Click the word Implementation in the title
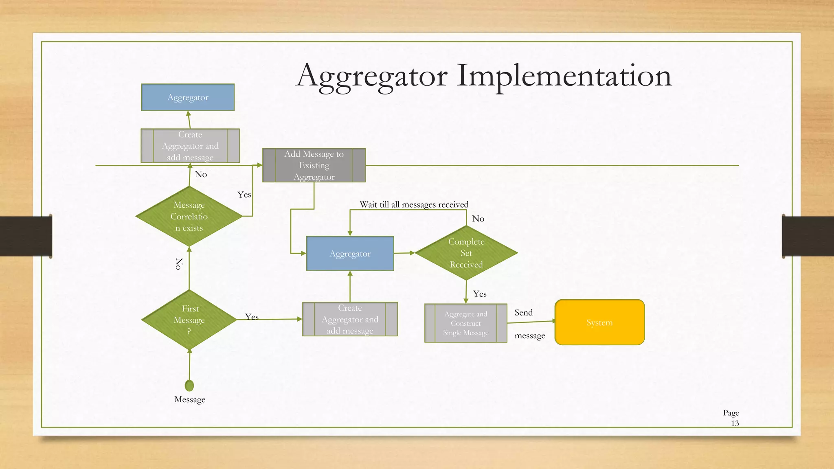564,76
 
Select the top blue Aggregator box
188,97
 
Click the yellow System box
599,322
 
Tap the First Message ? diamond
189,320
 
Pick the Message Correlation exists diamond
189,216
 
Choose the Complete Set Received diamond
466,253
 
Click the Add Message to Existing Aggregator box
314,165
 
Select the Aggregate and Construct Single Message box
465,323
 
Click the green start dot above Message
189,385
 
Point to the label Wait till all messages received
414,204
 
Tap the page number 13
735,423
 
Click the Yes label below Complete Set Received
480,294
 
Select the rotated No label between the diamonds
179,264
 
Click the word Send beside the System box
523,313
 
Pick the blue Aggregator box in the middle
350,254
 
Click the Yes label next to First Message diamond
252,317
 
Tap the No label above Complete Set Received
478,219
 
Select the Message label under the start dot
190,399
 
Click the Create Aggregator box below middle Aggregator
350,320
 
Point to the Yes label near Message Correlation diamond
244,195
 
